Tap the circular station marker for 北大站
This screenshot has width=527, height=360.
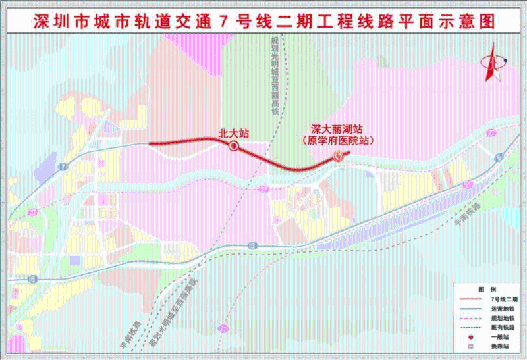coord(233,147)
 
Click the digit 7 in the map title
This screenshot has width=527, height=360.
coord(225,20)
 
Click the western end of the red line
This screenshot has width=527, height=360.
coord(150,143)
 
